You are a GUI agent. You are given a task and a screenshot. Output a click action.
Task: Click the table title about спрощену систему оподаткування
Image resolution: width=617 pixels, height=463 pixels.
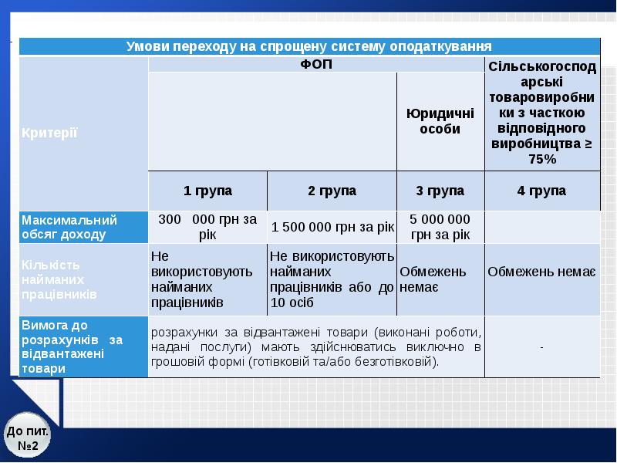(x=309, y=46)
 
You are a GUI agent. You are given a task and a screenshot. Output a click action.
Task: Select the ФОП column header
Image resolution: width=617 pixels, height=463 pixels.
(x=316, y=64)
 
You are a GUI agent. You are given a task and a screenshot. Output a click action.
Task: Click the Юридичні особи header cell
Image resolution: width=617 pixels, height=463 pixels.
(x=440, y=121)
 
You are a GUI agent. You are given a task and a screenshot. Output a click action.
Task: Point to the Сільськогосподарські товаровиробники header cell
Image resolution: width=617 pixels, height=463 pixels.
(x=542, y=113)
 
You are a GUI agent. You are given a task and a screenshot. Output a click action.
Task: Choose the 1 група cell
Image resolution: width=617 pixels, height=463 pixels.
(x=207, y=190)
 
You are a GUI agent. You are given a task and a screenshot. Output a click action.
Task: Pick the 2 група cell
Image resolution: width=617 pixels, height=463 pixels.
(x=332, y=190)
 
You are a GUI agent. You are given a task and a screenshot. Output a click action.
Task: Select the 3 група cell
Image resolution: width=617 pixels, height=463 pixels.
(x=440, y=190)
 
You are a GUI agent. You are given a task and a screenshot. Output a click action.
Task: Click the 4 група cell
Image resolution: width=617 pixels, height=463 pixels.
(x=542, y=190)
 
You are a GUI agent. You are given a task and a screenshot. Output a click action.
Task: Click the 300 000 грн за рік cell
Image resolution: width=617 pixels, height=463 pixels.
(x=207, y=226)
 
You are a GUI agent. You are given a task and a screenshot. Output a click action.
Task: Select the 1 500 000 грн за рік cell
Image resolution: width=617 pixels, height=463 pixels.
(x=332, y=227)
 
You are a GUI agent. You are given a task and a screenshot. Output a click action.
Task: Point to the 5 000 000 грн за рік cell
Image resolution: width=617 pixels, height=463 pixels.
(x=440, y=226)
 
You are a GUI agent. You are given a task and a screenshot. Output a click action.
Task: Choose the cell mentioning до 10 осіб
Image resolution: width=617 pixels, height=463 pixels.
(x=332, y=279)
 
